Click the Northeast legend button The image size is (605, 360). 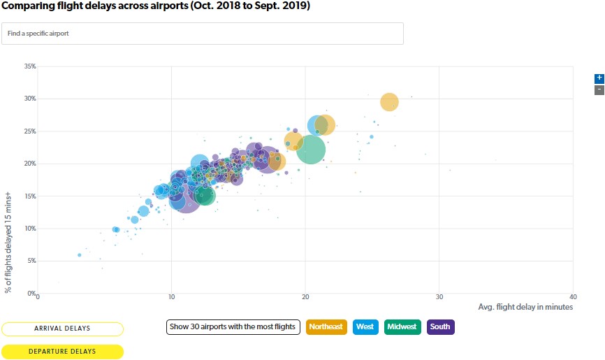pyautogui.click(x=326, y=326)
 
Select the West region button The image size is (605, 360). pyautogui.click(x=365, y=326)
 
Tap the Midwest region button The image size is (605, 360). pyautogui.click(x=402, y=326)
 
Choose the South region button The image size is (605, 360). pyautogui.click(x=440, y=326)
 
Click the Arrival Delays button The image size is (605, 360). pyautogui.click(x=62, y=329)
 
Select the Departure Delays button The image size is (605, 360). pyautogui.click(x=62, y=351)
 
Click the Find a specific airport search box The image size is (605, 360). pyautogui.click(x=203, y=34)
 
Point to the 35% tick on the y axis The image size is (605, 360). pyautogui.click(x=30, y=66)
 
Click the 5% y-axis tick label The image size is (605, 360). pyautogui.click(x=31, y=261)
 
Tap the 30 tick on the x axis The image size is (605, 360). pyautogui.click(x=439, y=297)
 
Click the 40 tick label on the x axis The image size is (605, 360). pyautogui.click(x=573, y=297)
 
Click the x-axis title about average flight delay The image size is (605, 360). pyautogui.click(x=525, y=307)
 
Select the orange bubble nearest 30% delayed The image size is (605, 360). pyautogui.click(x=389, y=102)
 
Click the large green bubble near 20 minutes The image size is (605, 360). pyautogui.click(x=311, y=149)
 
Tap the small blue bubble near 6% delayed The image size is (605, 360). pyautogui.click(x=80, y=255)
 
